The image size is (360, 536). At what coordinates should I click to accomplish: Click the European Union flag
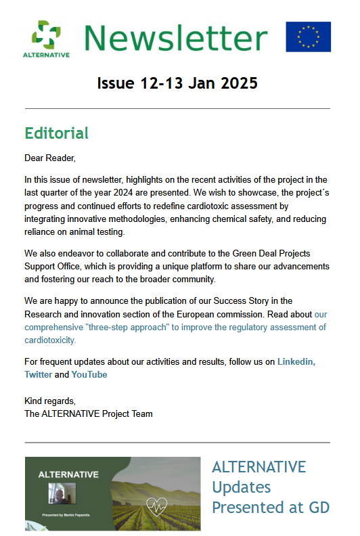[x=308, y=37]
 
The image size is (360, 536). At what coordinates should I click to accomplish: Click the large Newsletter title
[x=176, y=38]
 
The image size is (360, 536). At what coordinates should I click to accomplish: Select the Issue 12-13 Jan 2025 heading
[x=177, y=84]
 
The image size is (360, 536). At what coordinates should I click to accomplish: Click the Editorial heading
[x=56, y=133]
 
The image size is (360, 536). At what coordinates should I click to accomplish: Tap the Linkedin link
[x=296, y=362]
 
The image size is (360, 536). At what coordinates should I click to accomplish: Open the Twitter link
[x=38, y=374]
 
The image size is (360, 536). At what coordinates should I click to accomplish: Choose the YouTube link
[x=89, y=374]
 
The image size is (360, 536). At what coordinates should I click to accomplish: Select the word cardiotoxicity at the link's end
[x=50, y=340]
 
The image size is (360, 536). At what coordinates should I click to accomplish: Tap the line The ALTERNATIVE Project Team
[x=88, y=414]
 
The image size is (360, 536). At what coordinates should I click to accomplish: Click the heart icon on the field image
[x=159, y=505]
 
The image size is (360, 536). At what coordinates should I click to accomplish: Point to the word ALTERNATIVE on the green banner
[x=68, y=474]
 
